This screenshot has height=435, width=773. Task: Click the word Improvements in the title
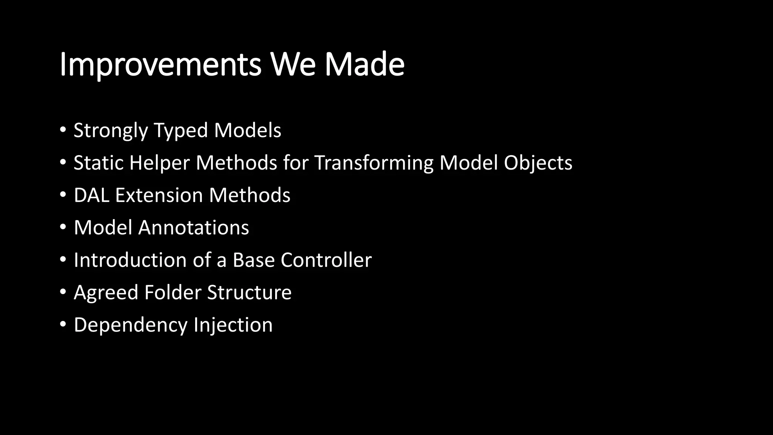click(x=160, y=65)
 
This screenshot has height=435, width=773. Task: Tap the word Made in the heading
click(x=365, y=65)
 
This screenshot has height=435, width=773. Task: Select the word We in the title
click(x=293, y=65)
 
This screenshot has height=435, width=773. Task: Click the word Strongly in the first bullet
click(x=111, y=131)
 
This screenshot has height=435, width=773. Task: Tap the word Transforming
click(x=374, y=163)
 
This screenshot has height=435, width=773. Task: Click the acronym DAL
click(x=91, y=195)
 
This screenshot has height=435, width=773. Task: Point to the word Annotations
click(x=194, y=228)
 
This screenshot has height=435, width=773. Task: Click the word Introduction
click(x=130, y=260)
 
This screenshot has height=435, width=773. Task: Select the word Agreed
click(x=106, y=293)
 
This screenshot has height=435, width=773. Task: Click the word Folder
click(x=172, y=292)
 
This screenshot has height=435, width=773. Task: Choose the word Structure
click(x=249, y=292)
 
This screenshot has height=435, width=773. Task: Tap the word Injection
click(x=233, y=325)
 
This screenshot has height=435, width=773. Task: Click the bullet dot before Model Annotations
click(x=63, y=227)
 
